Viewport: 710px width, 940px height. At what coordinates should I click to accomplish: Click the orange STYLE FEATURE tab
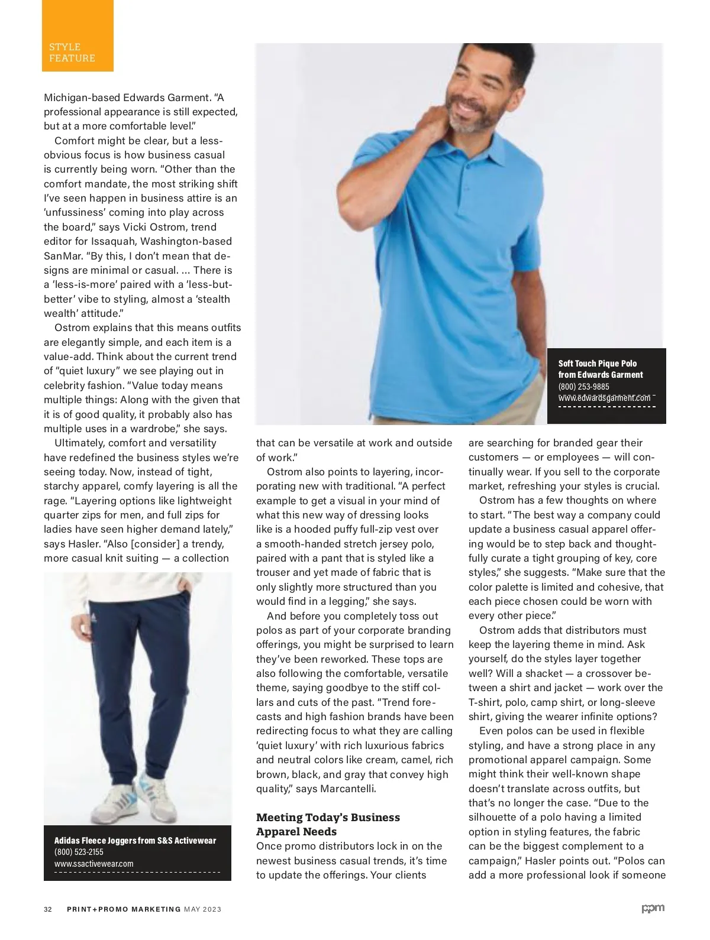coord(78,37)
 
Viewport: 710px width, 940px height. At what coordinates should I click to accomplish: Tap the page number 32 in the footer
coord(48,909)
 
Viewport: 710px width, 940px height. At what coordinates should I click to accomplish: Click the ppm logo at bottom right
coord(653,909)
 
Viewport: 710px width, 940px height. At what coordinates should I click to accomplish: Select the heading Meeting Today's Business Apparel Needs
coord(328,824)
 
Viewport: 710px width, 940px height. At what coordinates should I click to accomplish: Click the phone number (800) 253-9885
coord(583,386)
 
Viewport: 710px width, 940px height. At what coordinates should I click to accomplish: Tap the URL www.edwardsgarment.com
coord(604,398)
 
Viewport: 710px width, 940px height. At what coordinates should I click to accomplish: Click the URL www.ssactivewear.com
coord(93,863)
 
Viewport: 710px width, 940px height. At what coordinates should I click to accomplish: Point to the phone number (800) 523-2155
coord(79,852)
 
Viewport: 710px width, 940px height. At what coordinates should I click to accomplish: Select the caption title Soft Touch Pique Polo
coord(598,363)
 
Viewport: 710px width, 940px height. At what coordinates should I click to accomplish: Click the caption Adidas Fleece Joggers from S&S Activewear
coord(135,840)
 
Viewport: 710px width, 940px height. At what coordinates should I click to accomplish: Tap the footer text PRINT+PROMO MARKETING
coord(123,909)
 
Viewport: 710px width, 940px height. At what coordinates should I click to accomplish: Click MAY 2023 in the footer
coord(203,909)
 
